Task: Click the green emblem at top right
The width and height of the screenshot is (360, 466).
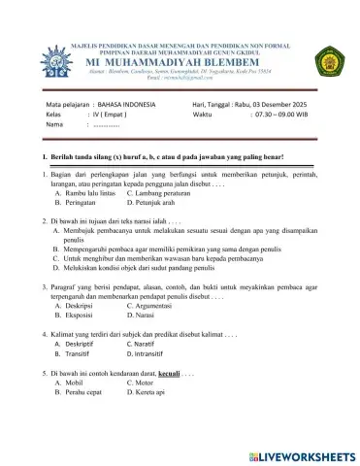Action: [x=329, y=62]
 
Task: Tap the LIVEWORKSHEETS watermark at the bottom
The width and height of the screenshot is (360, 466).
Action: [x=297, y=454]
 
